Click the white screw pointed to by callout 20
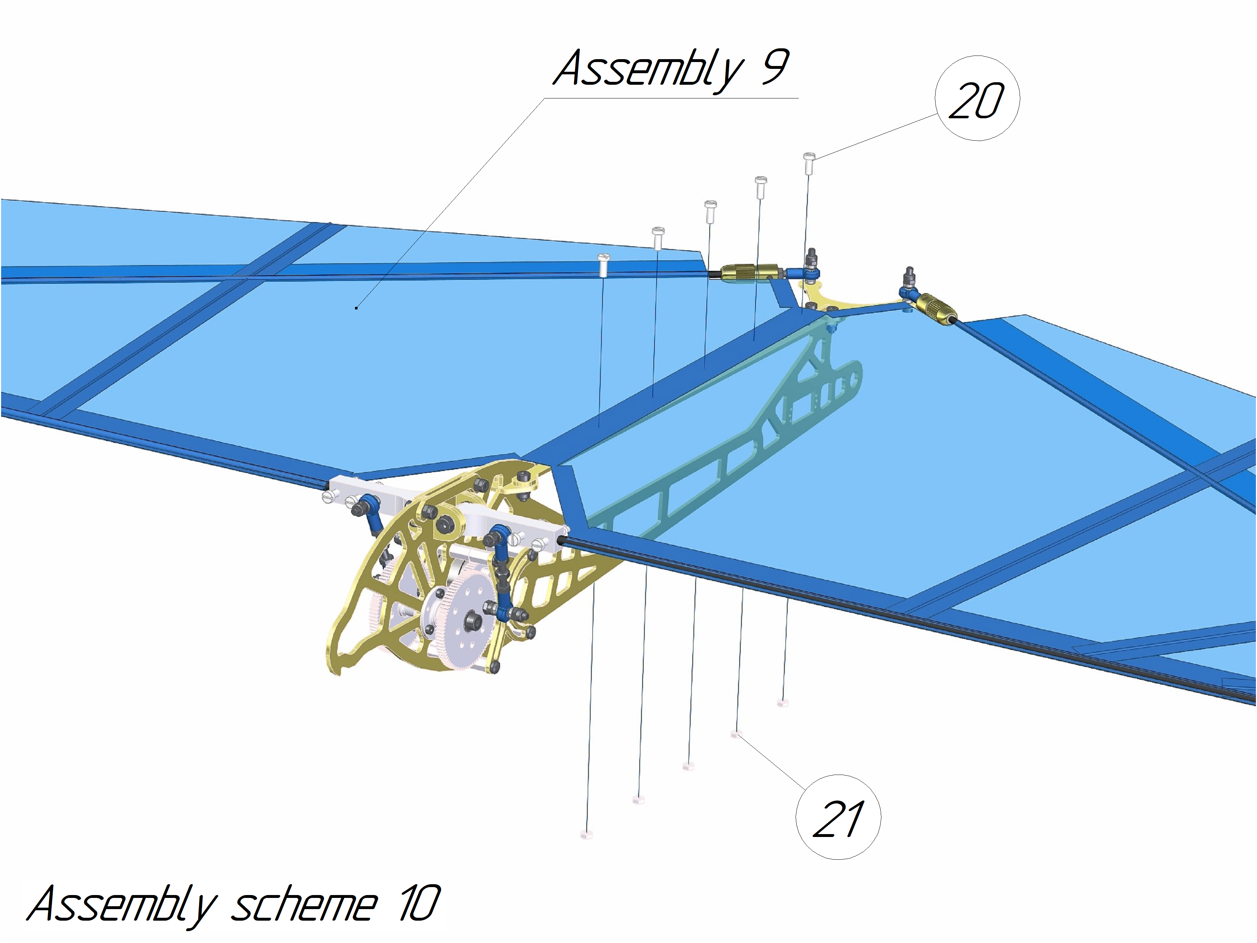(809, 163)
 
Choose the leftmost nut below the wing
(586, 834)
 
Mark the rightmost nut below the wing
(783, 703)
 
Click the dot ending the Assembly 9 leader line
(356, 308)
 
